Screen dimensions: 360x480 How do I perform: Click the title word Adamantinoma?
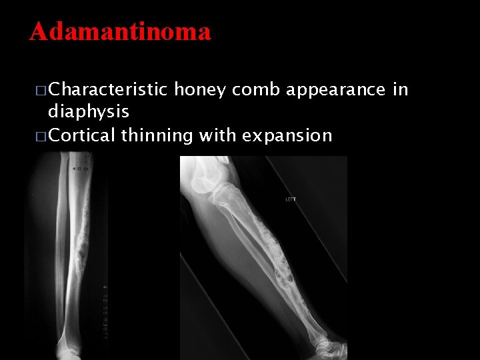pyautogui.click(x=120, y=31)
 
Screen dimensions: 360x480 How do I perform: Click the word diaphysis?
pyautogui.click(x=89, y=111)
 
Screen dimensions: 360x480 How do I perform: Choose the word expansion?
pyautogui.click(x=287, y=135)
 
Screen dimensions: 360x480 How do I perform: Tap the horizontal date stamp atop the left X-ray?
pyautogui.click(x=81, y=169)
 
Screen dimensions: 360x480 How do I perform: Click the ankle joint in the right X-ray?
pyautogui.click(x=333, y=340)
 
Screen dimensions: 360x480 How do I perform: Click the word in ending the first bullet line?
pyautogui.click(x=400, y=90)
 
